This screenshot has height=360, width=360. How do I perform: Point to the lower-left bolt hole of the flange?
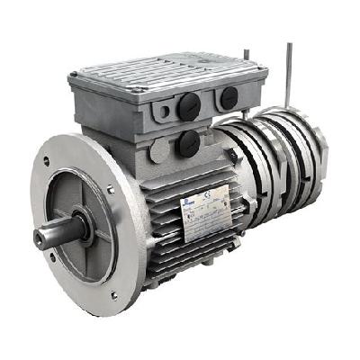point(53,256)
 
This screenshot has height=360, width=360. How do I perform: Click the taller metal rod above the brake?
point(289,72)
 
